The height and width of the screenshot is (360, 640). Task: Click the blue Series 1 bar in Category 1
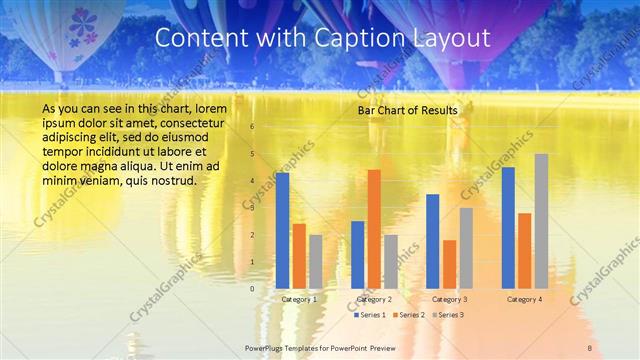[x=283, y=230]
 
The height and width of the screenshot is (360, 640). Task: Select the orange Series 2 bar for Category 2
[x=374, y=229]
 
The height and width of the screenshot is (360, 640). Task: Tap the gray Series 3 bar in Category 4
[x=541, y=221]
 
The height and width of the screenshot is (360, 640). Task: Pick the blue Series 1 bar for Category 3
[x=433, y=241]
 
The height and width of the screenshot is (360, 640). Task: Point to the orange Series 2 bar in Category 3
[x=449, y=264]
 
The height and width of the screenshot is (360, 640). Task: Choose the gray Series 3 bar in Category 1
[x=316, y=261]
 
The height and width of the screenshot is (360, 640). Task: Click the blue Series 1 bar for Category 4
[x=508, y=227]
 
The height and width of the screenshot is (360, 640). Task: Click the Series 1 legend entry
[x=372, y=315]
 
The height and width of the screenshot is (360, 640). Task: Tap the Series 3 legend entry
[x=448, y=315]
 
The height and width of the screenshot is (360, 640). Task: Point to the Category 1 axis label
[x=299, y=299]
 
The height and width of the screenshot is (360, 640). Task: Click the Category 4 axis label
[x=524, y=299]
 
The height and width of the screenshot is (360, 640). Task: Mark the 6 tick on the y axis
[x=253, y=127]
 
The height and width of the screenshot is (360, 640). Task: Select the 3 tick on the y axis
[x=253, y=208]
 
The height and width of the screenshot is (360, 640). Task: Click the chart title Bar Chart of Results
[x=407, y=110]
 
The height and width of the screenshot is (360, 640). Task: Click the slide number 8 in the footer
[x=590, y=347]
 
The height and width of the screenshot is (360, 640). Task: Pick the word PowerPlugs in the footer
[x=265, y=347]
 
